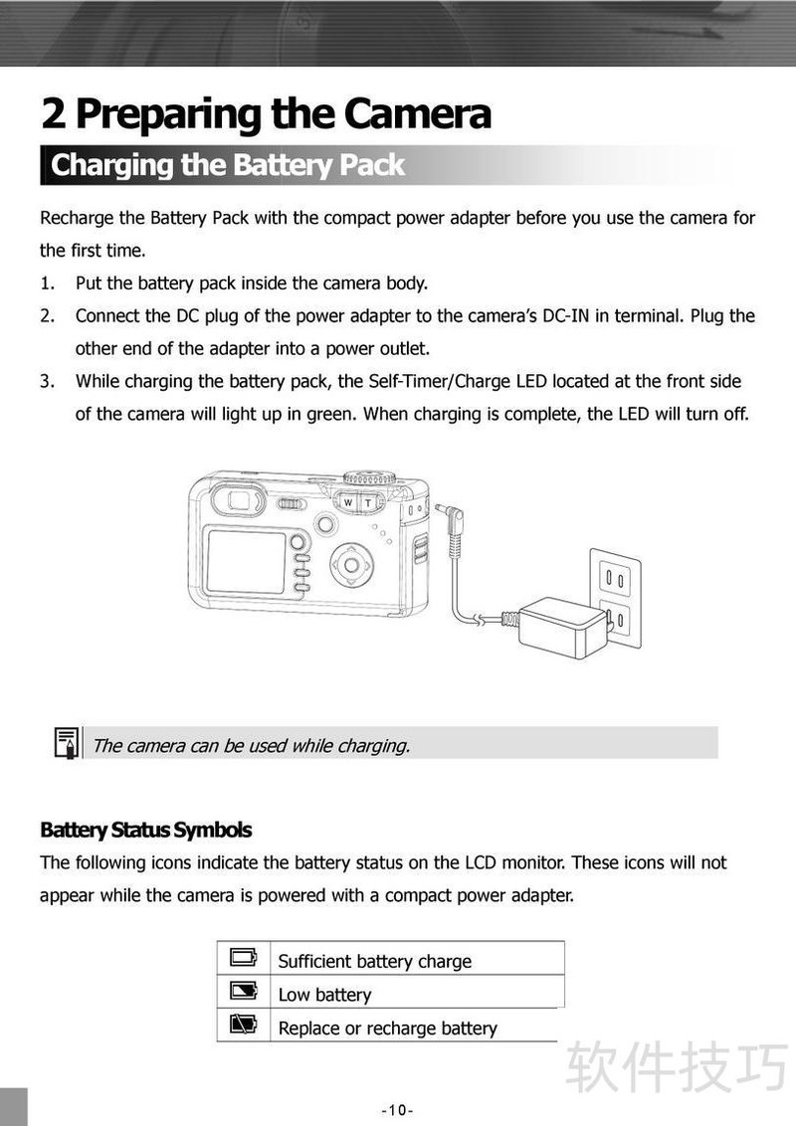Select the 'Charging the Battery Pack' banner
tap(228, 165)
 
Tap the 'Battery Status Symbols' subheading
tap(145, 830)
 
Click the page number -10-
tap(397, 1110)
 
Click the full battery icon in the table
tap(243, 958)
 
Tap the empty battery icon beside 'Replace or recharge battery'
tap(243, 1025)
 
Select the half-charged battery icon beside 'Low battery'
tap(243, 992)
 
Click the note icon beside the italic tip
tap(66, 743)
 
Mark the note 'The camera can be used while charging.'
tap(251, 745)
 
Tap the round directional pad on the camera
tap(350, 566)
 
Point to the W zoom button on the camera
tap(347, 503)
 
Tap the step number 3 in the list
tap(46, 381)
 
